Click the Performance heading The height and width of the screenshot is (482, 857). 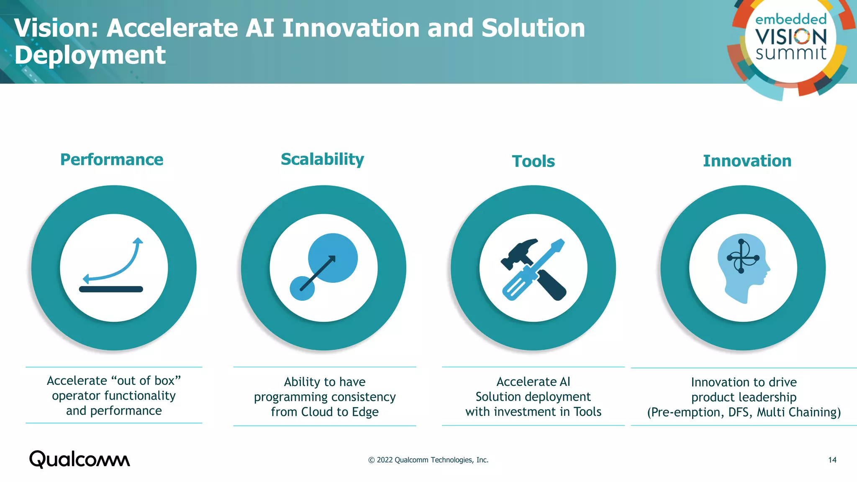(x=112, y=160)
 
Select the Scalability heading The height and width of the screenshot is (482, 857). (x=322, y=159)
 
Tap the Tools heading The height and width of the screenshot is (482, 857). (x=533, y=162)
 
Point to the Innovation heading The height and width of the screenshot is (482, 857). (x=747, y=161)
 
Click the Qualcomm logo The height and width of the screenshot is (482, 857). (x=80, y=459)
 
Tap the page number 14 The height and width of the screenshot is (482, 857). (x=832, y=460)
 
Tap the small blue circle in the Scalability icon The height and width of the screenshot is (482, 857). (x=302, y=288)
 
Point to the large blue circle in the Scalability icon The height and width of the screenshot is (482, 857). (x=333, y=257)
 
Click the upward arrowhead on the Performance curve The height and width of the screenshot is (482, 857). (x=138, y=241)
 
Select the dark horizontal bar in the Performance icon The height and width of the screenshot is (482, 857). (x=111, y=289)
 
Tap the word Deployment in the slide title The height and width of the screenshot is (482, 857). (x=90, y=55)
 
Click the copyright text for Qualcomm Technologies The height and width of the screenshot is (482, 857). (x=428, y=460)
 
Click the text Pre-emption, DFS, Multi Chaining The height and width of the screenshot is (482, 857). (x=744, y=413)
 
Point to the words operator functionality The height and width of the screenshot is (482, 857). (x=114, y=396)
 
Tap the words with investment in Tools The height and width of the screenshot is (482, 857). (x=533, y=412)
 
